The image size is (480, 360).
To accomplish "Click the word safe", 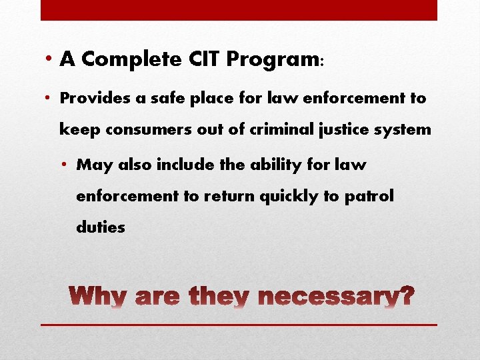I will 157,99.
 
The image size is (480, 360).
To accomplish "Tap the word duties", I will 101,227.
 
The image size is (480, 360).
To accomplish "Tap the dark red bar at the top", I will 239,10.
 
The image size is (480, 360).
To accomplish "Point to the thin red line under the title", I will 239,325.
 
